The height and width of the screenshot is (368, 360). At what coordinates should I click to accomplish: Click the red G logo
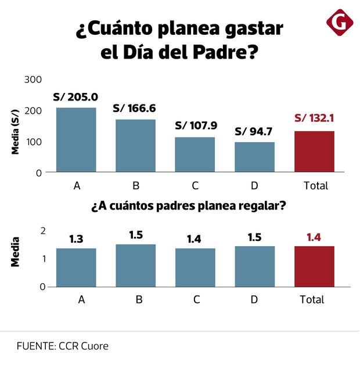coord(340,23)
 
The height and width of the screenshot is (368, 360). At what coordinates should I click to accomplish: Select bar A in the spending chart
coord(76,140)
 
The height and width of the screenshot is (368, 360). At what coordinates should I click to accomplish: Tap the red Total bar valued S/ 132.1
coord(314,151)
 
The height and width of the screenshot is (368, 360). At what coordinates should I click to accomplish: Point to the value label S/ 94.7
coord(254,131)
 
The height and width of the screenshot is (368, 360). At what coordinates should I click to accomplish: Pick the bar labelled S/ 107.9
coord(195,154)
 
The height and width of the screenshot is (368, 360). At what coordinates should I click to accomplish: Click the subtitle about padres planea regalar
coord(188,207)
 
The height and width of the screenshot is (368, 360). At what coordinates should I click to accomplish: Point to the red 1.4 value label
coord(314,237)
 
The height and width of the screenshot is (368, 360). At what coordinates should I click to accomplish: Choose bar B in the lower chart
coord(135,265)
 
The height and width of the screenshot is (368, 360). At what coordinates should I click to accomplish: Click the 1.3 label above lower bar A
coord(77,239)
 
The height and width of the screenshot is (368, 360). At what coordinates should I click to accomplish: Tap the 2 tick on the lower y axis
coord(42,230)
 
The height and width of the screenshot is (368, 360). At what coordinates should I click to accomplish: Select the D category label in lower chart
coord(254,300)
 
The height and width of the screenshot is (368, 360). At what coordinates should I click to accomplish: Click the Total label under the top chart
coord(316,186)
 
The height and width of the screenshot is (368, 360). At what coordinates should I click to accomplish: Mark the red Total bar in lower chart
coord(314,266)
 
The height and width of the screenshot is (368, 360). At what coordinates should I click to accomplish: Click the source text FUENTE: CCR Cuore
coord(63,346)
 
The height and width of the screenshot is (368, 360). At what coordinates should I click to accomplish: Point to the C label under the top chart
coord(195,186)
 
